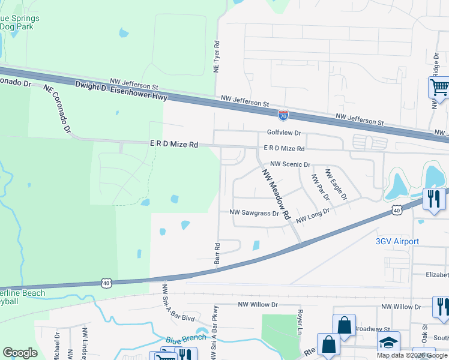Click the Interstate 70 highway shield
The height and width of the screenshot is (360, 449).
pyautogui.click(x=283, y=114)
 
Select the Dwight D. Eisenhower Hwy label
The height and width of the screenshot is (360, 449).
pyautogui.click(x=121, y=91)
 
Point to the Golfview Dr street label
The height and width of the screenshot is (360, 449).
pyautogui.click(x=284, y=133)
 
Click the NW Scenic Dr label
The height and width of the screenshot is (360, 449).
pyautogui.click(x=290, y=164)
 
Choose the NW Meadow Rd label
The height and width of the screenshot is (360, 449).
pyautogui.click(x=276, y=193)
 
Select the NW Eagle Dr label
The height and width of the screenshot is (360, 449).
pyautogui.click(x=336, y=184)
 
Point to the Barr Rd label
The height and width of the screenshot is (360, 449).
pyautogui.click(x=217, y=254)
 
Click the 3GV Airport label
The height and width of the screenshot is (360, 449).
pyautogui.click(x=397, y=241)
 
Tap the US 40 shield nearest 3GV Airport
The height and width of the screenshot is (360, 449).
pyautogui.click(x=396, y=209)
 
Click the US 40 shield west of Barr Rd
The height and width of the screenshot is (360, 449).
pyautogui.click(x=106, y=282)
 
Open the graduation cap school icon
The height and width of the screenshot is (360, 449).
pyautogui.click(x=388, y=343)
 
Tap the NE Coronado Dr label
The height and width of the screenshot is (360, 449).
pyautogui.click(x=57, y=108)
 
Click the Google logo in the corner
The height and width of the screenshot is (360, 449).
pyautogui.click(x=20, y=353)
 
